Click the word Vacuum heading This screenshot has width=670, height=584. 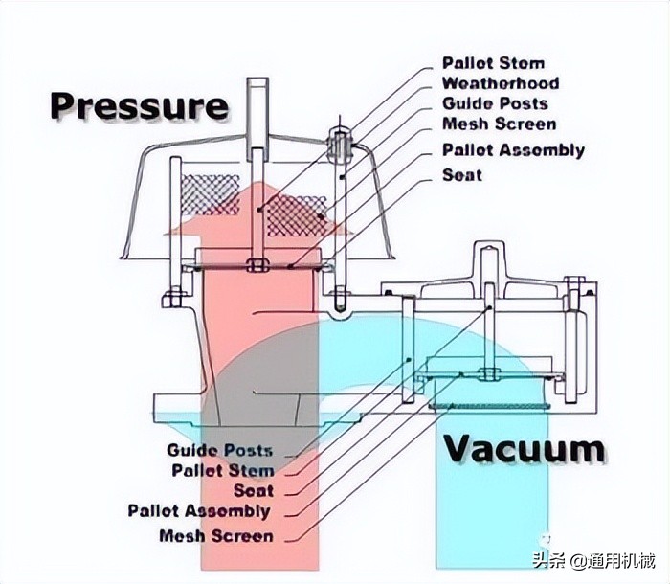tap(524, 449)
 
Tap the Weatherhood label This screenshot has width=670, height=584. tap(501, 83)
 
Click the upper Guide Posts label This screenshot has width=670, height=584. tap(495, 103)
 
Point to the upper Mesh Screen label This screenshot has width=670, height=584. tap(499, 124)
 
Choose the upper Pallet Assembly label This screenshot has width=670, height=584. tap(513, 150)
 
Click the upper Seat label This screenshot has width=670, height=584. tap(461, 175)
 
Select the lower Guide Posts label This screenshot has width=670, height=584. tap(219, 450)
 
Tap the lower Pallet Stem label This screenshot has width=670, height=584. tap(223, 470)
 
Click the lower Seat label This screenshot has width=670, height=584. tap(254, 490)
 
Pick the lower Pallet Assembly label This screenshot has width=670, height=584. tap(199, 511)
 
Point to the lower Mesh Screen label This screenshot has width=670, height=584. tap(216, 535)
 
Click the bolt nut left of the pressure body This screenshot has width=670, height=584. tap(172, 298)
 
